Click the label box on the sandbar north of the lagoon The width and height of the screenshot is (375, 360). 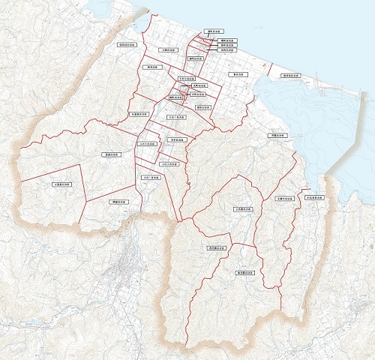tap(290, 76)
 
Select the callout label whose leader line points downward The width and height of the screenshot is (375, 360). tap(211, 32)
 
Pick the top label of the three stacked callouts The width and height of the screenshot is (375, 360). tap(226, 40)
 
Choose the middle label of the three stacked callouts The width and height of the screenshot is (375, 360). tap(226, 46)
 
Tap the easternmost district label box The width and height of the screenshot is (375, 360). tap(314, 198)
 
